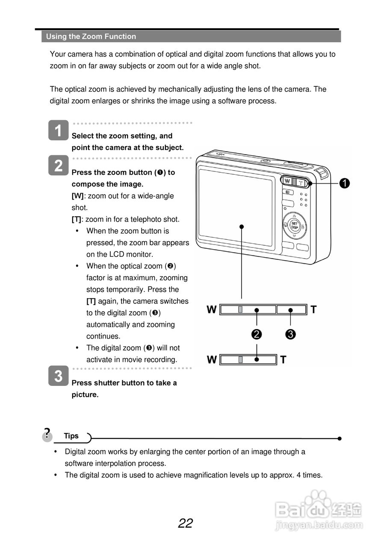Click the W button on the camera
tap(287, 181)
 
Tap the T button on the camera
tap(301, 183)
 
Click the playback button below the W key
tap(287, 192)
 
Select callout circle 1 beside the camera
tap(344, 183)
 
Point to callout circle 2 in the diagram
tap(257, 334)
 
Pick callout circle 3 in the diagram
tap(291, 334)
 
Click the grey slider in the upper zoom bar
tap(241, 309)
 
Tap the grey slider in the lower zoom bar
tap(241, 359)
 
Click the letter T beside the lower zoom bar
tap(283, 360)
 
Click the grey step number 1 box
tap(59, 130)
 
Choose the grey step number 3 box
tap(59, 376)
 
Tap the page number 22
tap(186, 523)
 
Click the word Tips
tap(71, 436)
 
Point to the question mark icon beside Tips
tap(47, 434)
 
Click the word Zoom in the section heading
tap(92, 37)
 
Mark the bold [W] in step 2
tap(77, 196)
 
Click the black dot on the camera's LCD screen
tap(242, 226)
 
